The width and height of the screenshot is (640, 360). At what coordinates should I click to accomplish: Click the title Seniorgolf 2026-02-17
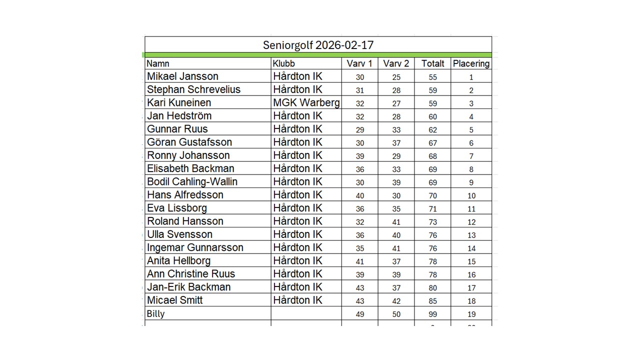(318, 45)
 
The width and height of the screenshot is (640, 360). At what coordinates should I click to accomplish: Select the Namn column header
(158, 63)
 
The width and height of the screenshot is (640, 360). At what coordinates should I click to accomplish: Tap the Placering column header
(470, 63)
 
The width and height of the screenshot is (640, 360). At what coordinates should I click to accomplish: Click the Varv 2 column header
(396, 63)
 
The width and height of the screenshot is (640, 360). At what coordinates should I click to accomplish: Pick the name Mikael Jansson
(182, 76)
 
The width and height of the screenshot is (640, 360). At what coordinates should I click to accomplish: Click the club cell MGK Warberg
(306, 102)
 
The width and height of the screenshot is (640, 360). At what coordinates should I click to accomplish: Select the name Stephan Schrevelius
(193, 89)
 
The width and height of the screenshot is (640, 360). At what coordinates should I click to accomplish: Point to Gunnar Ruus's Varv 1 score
(360, 129)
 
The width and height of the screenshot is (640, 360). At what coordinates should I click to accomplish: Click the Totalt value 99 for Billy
(432, 314)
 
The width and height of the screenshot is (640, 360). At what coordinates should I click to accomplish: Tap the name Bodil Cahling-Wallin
(192, 181)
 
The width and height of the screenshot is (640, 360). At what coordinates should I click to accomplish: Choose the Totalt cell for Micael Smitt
(432, 301)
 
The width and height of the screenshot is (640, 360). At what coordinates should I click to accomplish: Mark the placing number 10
(471, 195)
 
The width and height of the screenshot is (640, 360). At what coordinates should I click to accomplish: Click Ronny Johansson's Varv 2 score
(396, 156)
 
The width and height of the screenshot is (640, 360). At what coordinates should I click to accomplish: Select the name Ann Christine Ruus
(190, 274)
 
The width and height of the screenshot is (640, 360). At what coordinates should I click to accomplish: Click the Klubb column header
(284, 63)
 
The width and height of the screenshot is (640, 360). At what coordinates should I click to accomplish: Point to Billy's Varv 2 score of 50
(396, 314)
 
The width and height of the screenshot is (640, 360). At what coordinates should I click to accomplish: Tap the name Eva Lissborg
(176, 208)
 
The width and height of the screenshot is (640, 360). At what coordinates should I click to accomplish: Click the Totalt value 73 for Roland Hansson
(432, 222)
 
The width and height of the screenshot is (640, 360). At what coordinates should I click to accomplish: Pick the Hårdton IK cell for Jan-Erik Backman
(297, 287)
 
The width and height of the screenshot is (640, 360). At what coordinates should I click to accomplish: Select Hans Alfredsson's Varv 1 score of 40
(360, 195)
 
